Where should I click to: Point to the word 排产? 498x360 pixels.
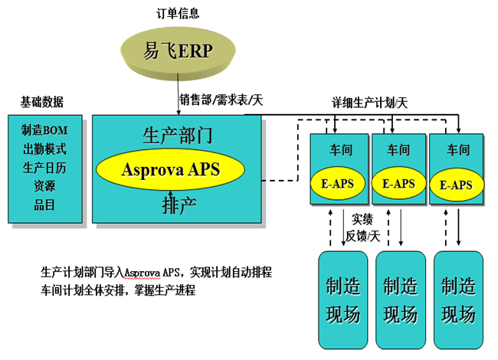[177, 205]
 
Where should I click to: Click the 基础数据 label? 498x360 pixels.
[42, 102]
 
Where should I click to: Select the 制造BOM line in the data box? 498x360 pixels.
[44, 129]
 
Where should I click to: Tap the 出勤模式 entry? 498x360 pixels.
[44, 148]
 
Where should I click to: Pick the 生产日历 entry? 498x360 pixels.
[44, 166]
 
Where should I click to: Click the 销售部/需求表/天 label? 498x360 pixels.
[221, 100]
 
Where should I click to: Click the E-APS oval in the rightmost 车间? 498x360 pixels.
[457, 185]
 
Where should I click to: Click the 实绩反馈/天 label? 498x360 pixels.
[363, 227]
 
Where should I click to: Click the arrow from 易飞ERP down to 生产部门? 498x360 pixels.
[174, 97]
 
